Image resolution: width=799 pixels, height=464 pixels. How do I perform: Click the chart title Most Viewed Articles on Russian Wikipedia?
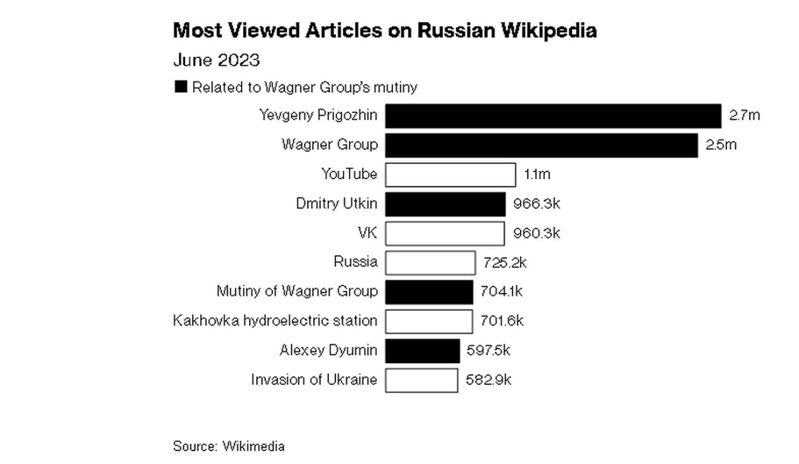coord(384,31)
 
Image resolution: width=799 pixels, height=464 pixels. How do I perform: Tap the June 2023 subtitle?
coord(217,60)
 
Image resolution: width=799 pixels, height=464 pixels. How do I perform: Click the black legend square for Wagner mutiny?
coord(181,87)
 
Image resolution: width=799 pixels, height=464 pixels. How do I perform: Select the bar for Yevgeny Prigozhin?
coord(553,116)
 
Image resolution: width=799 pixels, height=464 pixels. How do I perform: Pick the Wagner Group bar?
coord(541,145)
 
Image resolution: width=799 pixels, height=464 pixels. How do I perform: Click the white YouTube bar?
coord(450,175)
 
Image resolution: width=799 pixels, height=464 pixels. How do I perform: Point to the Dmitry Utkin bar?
coord(445,204)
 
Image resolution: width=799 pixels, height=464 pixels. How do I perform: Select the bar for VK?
coord(445,233)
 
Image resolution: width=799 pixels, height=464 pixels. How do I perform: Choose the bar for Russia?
coord(430,262)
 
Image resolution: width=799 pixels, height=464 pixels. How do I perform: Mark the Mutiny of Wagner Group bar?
coord(429,291)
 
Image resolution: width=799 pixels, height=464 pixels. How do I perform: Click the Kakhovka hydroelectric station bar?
coord(429,321)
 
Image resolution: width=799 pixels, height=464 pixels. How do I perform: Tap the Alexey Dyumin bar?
coord(422,350)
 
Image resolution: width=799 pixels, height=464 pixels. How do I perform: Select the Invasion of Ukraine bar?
coord(422,380)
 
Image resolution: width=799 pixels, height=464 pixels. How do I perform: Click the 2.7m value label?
coord(744,115)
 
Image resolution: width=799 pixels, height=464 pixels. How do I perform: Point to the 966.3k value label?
coord(537,203)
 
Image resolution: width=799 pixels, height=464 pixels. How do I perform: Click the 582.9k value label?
coord(488,380)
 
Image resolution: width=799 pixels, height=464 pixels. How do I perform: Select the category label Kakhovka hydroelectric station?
coord(275,321)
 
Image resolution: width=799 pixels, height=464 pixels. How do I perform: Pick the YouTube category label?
coord(350,174)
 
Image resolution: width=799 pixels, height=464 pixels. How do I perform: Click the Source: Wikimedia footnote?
coord(228,446)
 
